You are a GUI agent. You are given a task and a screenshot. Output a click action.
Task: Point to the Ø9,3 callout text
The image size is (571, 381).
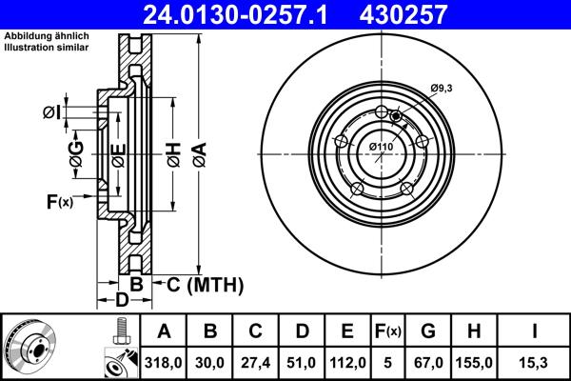tap(440, 88)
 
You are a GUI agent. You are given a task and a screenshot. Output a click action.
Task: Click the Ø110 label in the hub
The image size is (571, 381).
tap(381, 146)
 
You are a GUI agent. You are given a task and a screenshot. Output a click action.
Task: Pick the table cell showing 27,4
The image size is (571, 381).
tap(256, 363)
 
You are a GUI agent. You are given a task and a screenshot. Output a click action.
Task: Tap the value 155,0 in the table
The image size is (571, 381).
tap(476, 363)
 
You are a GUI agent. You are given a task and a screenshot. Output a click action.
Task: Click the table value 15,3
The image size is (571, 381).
tap(534, 363)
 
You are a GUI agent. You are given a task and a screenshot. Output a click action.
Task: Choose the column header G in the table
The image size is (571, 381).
tap(428, 331)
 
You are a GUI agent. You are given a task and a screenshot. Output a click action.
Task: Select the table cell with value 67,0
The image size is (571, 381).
tap(428, 363)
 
